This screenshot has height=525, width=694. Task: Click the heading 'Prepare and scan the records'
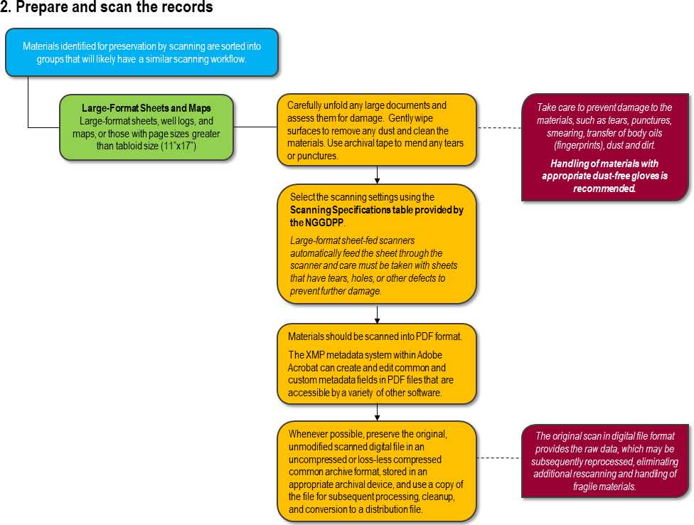pos(114,7)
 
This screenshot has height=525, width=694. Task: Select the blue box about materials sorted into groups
pos(142,52)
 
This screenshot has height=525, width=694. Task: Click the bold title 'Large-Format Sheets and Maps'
pos(146,108)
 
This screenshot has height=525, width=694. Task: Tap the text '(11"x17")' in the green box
pos(178,146)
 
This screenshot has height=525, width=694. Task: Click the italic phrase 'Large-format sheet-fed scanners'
pos(352,240)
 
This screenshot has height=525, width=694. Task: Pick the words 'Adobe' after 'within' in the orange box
pos(429,355)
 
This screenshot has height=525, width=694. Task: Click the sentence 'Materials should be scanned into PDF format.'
pos(375,336)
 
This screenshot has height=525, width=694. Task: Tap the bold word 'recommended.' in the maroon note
pos(604,189)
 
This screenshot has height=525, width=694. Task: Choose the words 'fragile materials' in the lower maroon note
pos(604,487)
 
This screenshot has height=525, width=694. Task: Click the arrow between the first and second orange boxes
pos(377,175)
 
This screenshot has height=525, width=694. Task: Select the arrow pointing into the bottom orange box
pos(377,412)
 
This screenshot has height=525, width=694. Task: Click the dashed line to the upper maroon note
pos(500,127)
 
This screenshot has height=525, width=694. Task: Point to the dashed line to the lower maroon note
pos(500,457)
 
